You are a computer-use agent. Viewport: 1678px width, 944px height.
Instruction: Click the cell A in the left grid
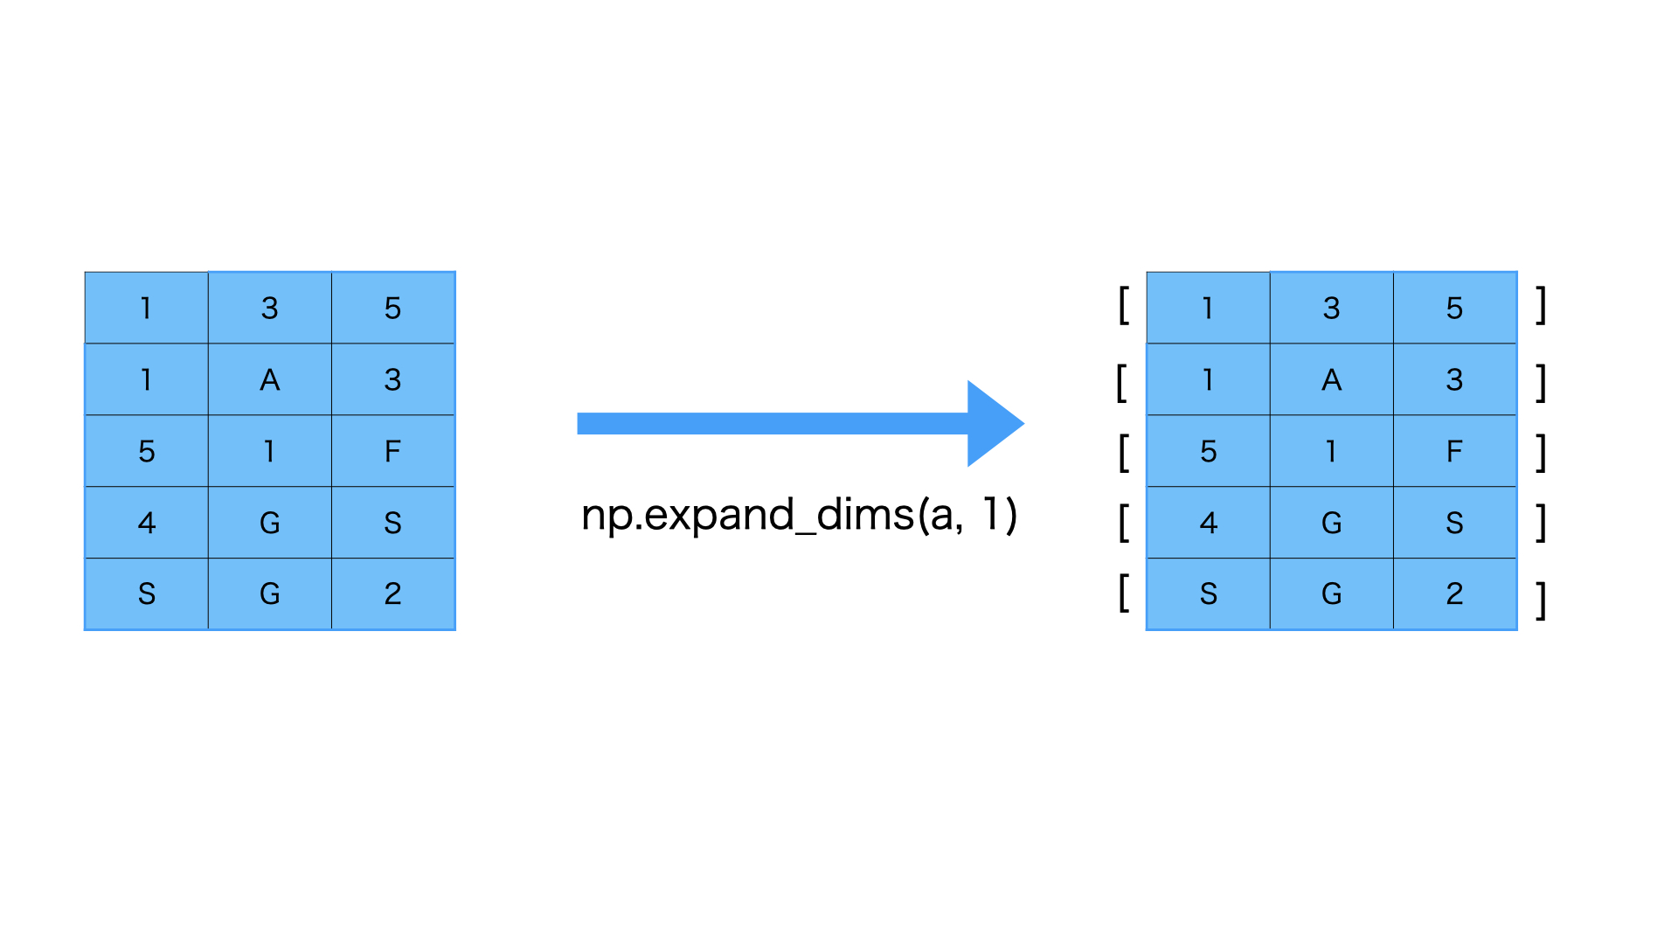[269, 379]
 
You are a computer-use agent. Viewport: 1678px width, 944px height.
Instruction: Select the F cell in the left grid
[392, 451]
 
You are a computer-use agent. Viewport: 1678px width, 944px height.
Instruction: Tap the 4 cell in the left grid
[146, 523]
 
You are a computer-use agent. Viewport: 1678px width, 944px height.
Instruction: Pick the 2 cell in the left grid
[392, 594]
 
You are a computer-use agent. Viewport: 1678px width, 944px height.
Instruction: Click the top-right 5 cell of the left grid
[392, 308]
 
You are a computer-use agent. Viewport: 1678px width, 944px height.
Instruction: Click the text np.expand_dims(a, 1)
[799, 514]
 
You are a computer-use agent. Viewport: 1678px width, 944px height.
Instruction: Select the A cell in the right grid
[1331, 379]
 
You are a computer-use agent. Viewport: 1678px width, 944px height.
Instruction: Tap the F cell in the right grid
[1454, 451]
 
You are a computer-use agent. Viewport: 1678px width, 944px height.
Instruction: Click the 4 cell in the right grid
[1208, 523]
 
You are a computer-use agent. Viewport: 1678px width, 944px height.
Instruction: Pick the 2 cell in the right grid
[1454, 594]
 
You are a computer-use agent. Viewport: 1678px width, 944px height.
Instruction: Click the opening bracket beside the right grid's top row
[1124, 306]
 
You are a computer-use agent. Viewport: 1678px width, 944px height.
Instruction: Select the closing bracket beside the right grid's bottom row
[1542, 600]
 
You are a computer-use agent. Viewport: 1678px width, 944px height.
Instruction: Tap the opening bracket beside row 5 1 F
[1124, 452]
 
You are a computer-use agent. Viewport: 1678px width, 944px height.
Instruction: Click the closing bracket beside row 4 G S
[1542, 523]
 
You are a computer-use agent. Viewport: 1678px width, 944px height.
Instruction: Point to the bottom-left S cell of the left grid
[146, 594]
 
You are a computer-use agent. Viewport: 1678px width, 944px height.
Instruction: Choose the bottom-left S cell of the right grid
[1208, 594]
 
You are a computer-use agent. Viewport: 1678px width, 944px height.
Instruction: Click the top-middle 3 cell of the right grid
[1331, 308]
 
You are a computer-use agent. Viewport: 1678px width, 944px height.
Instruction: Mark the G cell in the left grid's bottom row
[269, 594]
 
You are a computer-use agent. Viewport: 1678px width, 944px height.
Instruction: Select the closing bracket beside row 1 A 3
[1542, 383]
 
